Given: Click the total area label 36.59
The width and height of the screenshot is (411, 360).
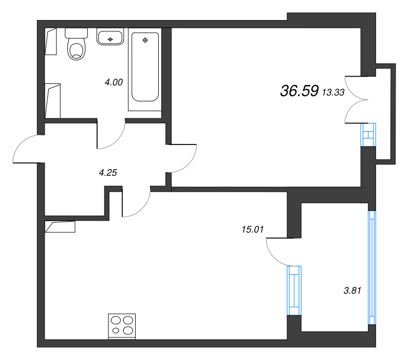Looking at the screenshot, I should (x=300, y=91).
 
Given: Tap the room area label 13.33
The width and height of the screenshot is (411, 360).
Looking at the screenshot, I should (x=333, y=92).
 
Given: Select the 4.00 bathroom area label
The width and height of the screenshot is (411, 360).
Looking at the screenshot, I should (x=113, y=81).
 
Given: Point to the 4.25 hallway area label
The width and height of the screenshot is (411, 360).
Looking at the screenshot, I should (x=108, y=173).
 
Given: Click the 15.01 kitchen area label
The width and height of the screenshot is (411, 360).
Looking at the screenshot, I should (x=252, y=229).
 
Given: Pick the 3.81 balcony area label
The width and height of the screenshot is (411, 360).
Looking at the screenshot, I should (x=353, y=290).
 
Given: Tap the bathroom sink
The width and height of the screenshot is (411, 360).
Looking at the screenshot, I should (x=109, y=37).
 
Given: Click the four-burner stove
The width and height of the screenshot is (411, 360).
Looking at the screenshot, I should (x=122, y=326).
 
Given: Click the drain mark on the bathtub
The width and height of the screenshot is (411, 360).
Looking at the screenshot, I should (x=145, y=40).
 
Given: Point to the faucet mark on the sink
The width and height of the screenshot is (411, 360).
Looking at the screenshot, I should (x=109, y=38).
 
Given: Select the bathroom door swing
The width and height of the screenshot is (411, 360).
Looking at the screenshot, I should (x=110, y=135).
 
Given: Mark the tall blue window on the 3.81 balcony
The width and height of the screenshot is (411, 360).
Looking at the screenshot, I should (x=371, y=267).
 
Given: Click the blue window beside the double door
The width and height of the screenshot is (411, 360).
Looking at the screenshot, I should (x=368, y=135).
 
